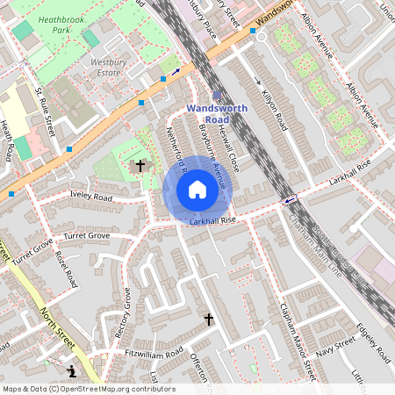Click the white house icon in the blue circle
(x=197, y=189)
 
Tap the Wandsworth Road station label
(x=217, y=114)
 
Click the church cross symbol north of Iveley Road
(x=140, y=165)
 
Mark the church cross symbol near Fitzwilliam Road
(x=209, y=320)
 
